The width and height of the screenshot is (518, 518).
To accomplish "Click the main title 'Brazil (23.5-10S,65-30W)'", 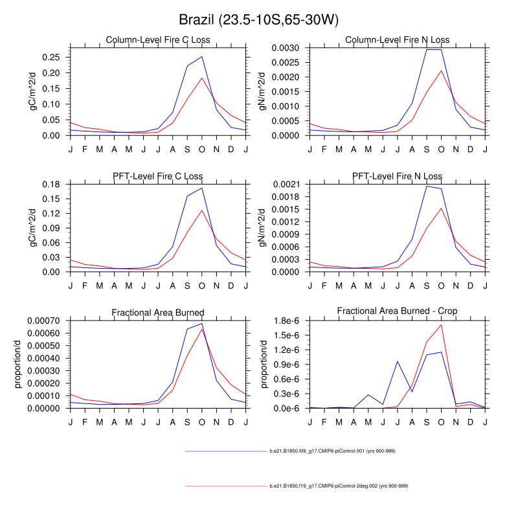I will coord(258,20).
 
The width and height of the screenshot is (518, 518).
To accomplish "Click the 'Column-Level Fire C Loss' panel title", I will coord(158,40).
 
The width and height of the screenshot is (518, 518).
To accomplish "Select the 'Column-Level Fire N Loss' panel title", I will coord(398,40).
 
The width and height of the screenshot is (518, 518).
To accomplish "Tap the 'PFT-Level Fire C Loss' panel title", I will coord(158,176).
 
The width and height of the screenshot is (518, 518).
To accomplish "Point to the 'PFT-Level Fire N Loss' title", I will coord(398,176).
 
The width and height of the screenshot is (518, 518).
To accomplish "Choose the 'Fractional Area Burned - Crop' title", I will coord(398,311).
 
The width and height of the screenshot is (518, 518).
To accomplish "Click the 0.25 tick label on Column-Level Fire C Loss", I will coord(51,56).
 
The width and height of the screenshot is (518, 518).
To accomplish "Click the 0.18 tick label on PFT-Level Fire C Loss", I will coord(51,184).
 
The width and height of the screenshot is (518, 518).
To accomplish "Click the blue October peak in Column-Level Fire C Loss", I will coord(202,56).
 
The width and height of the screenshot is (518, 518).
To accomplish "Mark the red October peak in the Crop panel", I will coord(442,324).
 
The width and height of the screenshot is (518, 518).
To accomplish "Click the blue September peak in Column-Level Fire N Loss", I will coord(427,49).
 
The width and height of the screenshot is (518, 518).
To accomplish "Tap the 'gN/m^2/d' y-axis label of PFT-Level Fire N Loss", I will coord(262,228).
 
